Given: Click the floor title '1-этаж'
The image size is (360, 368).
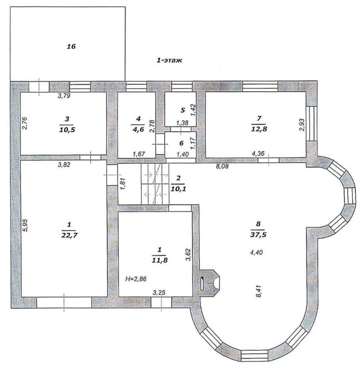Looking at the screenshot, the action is pos(169,60).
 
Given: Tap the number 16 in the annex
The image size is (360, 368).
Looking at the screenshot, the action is pos(71,47).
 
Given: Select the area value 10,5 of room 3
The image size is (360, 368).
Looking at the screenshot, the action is pos(67,129).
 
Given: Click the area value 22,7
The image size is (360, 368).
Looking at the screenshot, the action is pos(69,235).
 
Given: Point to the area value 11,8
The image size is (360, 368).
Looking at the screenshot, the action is pos(160,260).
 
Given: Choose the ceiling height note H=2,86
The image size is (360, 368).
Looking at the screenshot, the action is pos(136,279).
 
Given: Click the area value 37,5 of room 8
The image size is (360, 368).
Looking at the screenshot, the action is pos(258,235).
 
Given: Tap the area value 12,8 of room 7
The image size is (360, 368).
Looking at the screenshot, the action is pos(259,129).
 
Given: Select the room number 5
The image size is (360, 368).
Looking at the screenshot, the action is pos(183,110).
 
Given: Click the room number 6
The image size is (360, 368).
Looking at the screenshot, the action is pos(181,143).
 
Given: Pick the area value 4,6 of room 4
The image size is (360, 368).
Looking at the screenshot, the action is pos(138,129).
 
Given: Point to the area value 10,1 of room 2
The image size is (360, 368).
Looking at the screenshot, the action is pos(178,189).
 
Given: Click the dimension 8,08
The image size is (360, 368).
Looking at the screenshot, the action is pos(222,167).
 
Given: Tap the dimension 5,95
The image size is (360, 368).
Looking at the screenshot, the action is pos(25,225).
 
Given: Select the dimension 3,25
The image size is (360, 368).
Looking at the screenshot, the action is pos(159,293).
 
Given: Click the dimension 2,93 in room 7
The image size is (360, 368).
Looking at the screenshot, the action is pos(302,125).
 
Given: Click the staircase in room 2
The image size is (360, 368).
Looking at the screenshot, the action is pos(155,184).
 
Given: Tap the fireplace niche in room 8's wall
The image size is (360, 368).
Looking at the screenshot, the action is pos(210,282).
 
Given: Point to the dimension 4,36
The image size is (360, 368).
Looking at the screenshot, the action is pos(258,154).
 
